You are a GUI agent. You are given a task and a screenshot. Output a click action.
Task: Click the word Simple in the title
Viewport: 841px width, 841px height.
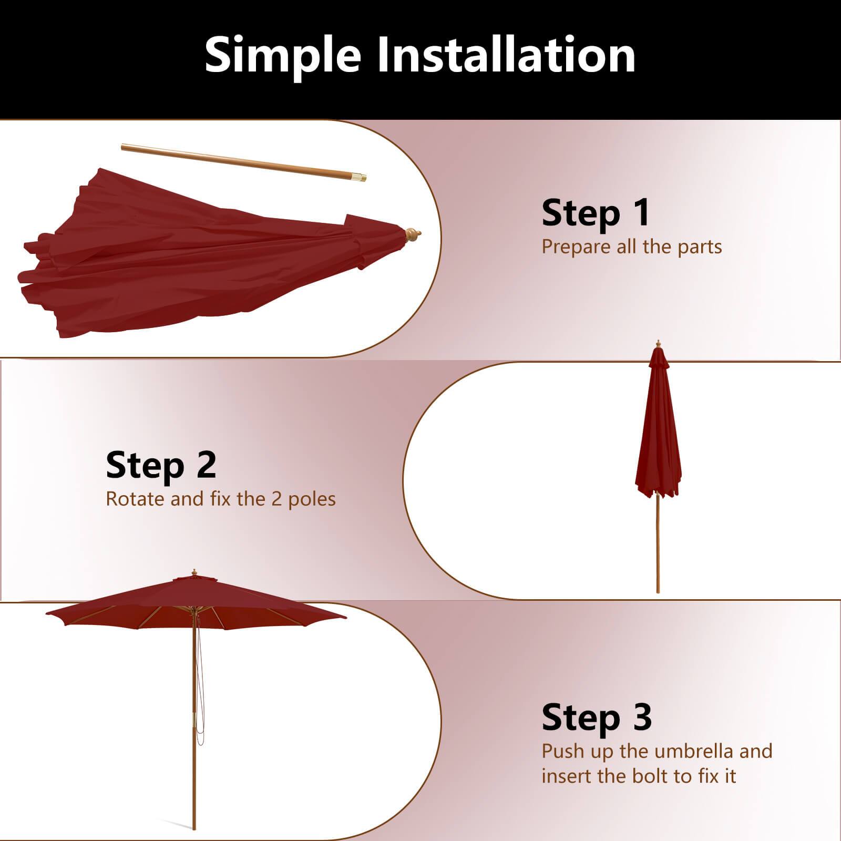click(x=283, y=56)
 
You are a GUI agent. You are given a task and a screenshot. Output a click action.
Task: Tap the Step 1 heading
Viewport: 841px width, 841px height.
click(x=596, y=213)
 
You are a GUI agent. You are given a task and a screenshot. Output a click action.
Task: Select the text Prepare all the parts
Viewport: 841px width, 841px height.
click(x=631, y=247)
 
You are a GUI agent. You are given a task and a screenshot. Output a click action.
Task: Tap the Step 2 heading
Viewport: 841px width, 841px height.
click(x=161, y=465)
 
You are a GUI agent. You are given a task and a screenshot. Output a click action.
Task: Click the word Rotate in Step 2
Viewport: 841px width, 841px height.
click(x=135, y=499)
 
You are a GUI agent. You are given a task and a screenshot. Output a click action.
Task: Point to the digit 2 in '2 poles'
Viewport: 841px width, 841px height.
click(x=276, y=499)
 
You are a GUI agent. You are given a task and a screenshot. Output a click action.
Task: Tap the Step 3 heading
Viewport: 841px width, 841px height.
click(x=597, y=717)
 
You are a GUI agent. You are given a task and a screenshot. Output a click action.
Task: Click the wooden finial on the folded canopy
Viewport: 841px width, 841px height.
click(x=412, y=234)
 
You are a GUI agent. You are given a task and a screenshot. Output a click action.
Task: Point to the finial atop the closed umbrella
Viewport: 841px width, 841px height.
click(x=658, y=344)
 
